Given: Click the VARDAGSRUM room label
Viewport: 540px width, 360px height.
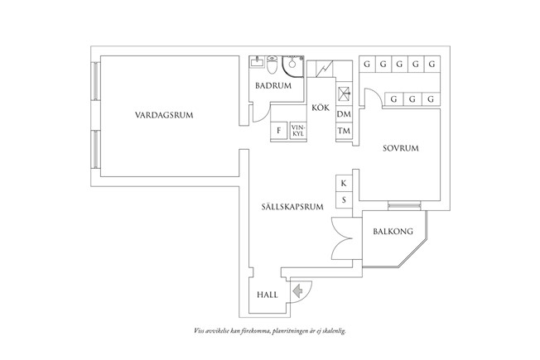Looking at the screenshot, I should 164,116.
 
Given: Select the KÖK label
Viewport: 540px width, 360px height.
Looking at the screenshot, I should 321,108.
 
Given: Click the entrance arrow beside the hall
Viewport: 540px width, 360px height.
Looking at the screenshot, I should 297,290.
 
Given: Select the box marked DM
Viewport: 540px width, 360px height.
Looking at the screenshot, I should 344,114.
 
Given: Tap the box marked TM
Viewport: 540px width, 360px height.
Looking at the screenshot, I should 344,132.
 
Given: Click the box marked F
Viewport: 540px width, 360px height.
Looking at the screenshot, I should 279,131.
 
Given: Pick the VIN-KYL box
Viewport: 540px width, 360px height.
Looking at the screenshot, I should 298,131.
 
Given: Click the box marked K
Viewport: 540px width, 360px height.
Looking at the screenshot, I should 343,184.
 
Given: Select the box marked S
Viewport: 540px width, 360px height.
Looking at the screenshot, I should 343,200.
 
